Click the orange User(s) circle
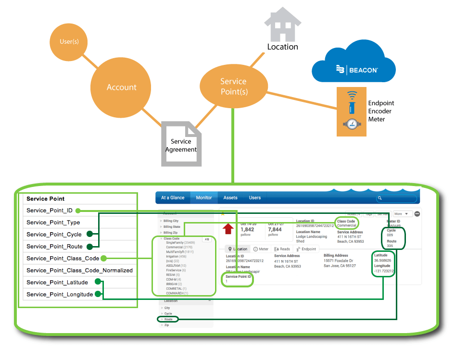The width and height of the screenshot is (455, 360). point(69,42)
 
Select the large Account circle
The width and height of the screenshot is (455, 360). point(121,87)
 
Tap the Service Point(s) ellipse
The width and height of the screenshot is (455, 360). point(233,86)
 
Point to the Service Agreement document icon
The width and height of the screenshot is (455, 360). point(181,143)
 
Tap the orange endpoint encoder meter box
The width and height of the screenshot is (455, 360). point(351,111)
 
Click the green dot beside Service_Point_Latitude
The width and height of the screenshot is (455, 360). point(98,282)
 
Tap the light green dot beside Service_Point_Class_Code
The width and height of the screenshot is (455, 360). point(103,259)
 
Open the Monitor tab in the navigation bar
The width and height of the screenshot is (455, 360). point(204,198)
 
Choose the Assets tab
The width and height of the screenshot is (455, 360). point(230,198)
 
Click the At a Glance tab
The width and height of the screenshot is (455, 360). point(173,198)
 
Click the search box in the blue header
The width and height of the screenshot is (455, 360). point(396,198)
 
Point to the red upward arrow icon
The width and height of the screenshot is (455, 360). point(228,229)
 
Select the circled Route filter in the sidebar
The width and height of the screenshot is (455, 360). point(168,319)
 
